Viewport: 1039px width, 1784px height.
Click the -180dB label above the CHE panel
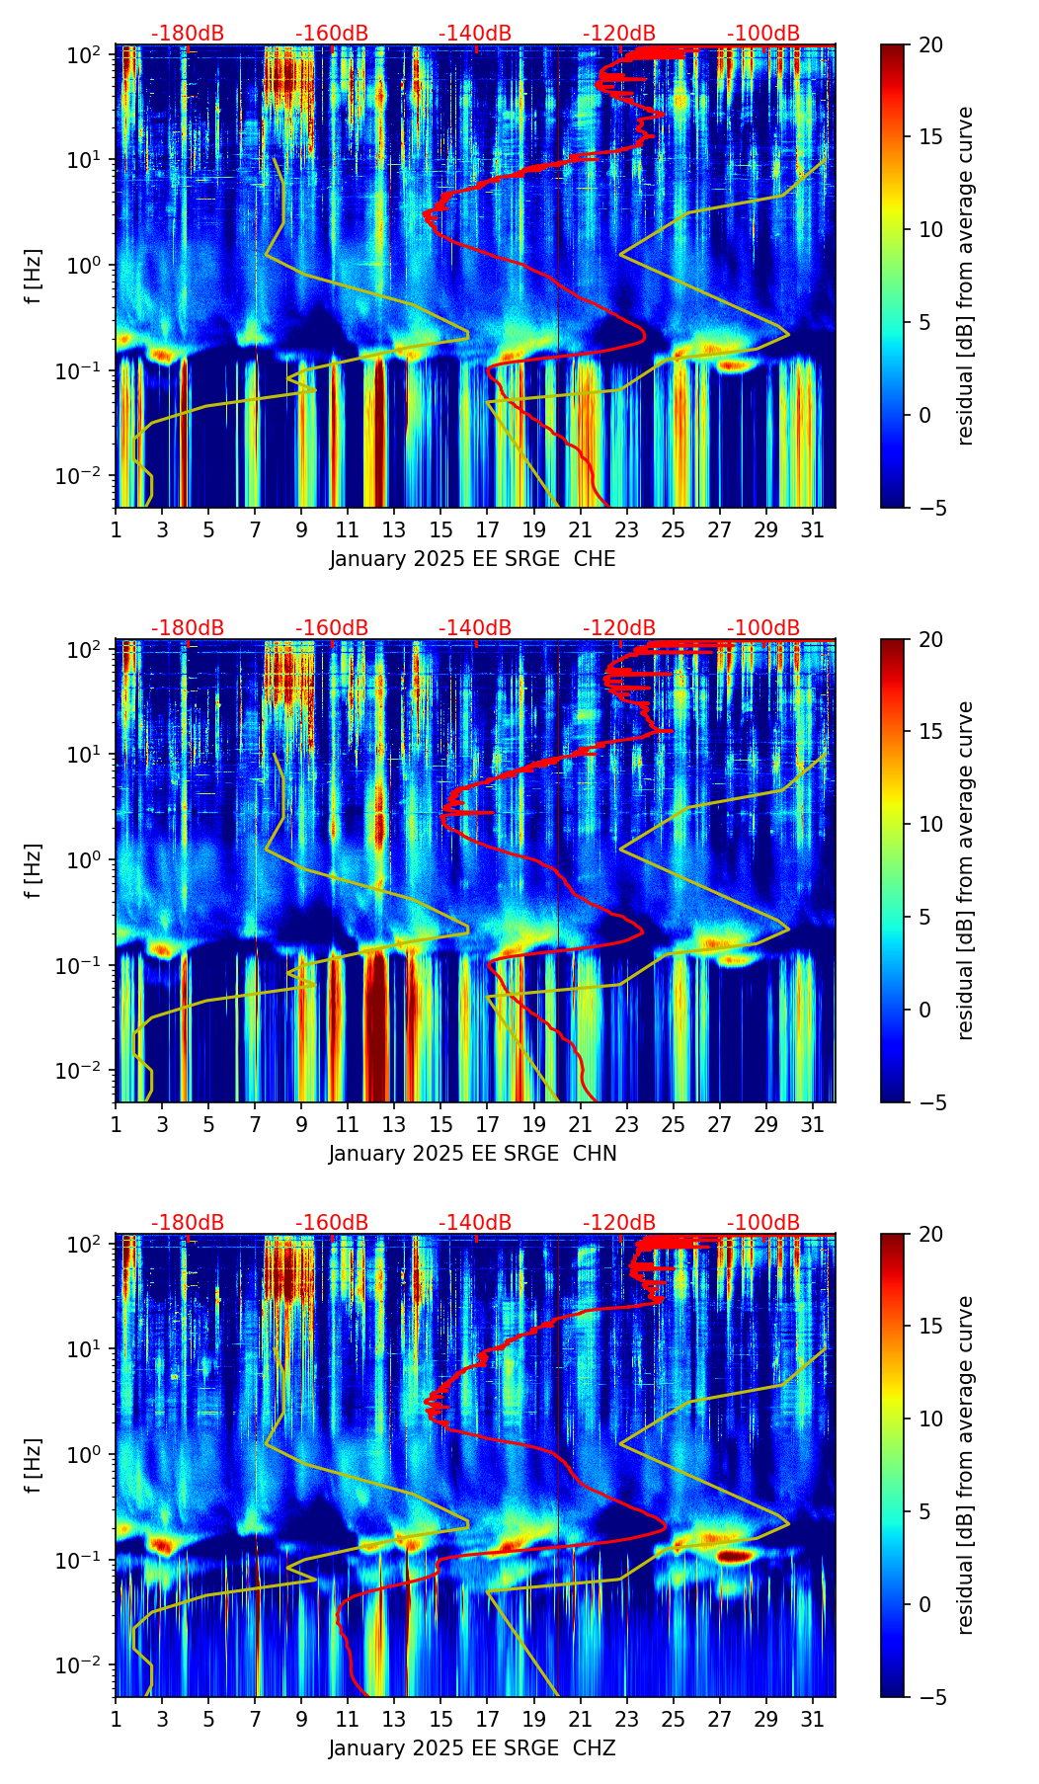[188, 34]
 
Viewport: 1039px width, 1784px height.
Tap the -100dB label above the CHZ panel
[763, 1223]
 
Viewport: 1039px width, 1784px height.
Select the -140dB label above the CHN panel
[475, 628]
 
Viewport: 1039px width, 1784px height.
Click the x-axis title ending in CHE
[472, 559]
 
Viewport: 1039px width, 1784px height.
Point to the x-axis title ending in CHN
[472, 1154]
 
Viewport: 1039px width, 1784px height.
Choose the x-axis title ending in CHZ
[472, 1748]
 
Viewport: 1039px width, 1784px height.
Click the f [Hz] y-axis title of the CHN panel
[35, 870]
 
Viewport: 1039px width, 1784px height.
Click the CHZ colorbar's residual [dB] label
[966, 1465]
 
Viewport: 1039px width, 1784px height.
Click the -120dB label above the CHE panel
[619, 34]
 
